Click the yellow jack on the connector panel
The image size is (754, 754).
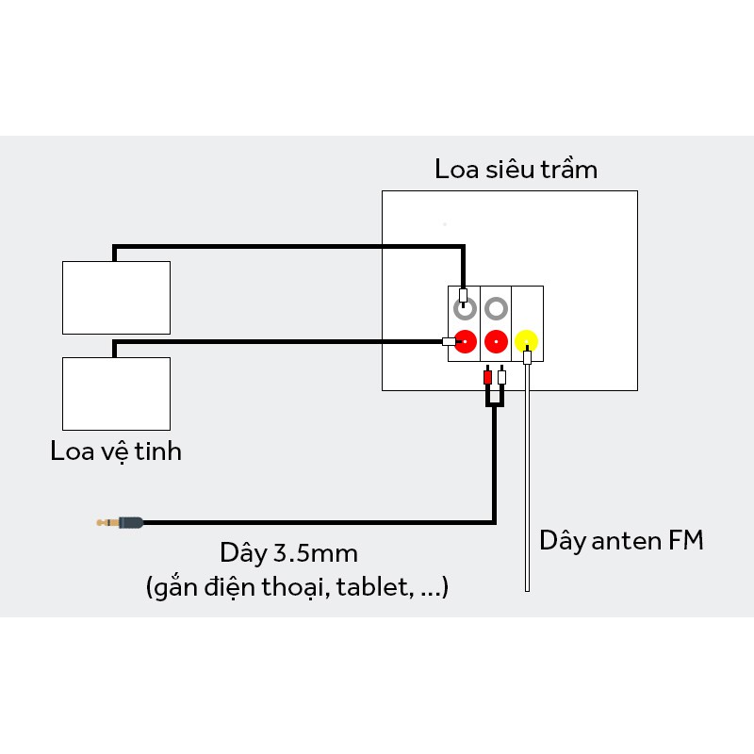(x=526, y=340)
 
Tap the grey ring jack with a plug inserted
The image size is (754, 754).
(x=463, y=308)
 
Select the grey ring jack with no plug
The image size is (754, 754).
(x=495, y=308)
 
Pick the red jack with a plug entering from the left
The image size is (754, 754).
(x=464, y=340)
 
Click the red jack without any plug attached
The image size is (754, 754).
(x=495, y=340)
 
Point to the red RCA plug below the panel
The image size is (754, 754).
(x=486, y=378)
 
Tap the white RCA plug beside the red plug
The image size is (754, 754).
(x=501, y=378)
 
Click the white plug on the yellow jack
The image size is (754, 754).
(x=527, y=356)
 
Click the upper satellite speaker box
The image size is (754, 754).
(x=116, y=297)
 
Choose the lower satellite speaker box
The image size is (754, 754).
(x=116, y=393)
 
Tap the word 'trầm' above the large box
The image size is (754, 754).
(x=570, y=171)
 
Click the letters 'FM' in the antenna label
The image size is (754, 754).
(x=685, y=542)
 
